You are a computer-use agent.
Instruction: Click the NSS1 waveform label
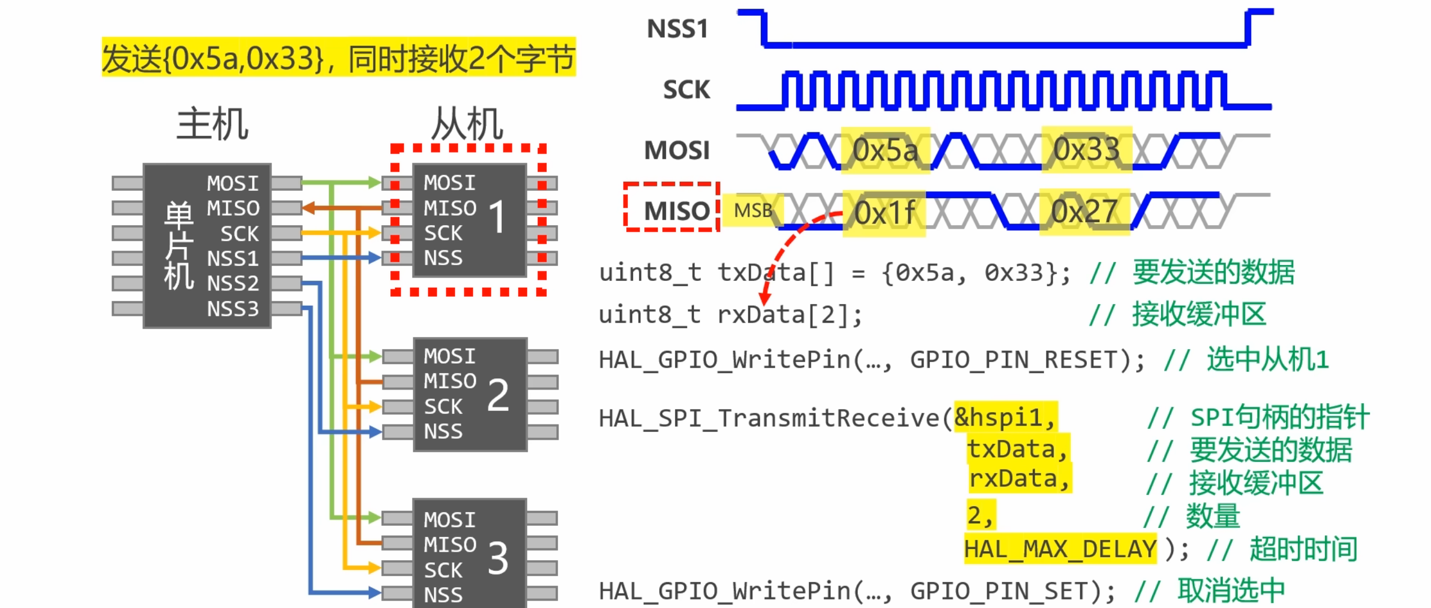point(677,29)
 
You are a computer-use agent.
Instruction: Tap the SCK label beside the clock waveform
point(686,90)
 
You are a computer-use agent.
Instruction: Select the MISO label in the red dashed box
point(676,211)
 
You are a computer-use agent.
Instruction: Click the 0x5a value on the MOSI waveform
point(885,150)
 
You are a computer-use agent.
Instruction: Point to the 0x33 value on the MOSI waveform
point(1086,150)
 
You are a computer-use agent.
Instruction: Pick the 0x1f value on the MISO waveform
point(884,213)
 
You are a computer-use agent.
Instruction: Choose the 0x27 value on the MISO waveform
point(1084,212)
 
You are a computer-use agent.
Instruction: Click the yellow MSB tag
point(752,211)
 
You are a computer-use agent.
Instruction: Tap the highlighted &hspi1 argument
point(1005,417)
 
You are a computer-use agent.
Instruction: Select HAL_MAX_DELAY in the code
point(1060,549)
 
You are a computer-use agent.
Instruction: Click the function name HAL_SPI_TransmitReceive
point(769,418)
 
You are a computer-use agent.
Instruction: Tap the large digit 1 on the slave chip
point(497,217)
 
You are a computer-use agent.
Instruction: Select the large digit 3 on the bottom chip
point(498,558)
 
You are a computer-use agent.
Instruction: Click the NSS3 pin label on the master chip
point(233,309)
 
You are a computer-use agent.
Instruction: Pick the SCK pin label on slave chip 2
point(443,406)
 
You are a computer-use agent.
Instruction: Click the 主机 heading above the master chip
point(212,124)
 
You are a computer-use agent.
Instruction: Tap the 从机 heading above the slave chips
point(467,124)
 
